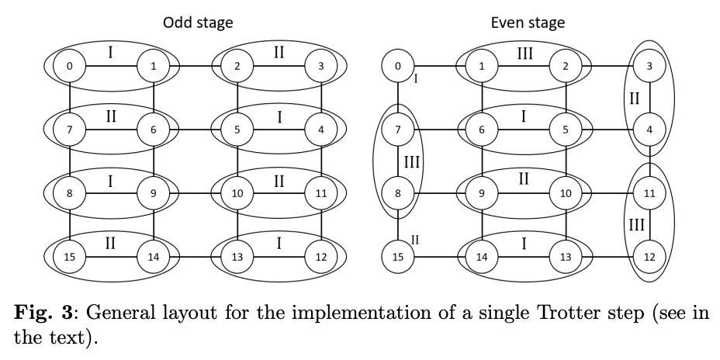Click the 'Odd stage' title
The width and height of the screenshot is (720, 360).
(x=197, y=22)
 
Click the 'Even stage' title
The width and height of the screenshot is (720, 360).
(x=528, y=22)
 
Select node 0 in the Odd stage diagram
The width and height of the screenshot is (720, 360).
(x=70, y=67)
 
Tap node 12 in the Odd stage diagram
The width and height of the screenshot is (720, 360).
(x=320, y=255)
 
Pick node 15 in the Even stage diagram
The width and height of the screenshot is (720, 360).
(x=398, y=255)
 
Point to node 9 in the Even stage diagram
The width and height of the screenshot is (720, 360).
(x=482, y=193)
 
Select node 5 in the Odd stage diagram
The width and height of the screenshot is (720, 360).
(x=237, y=130)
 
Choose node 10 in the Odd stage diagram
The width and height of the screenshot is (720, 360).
(x=237, y=193)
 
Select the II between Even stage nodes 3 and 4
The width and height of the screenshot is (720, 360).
(x=634, y=99)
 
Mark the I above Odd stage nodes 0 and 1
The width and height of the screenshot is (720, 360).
(x=111, y=52)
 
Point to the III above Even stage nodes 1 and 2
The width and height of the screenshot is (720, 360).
(x=524, y=52)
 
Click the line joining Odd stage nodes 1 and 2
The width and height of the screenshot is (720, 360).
(x=195, y=67)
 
